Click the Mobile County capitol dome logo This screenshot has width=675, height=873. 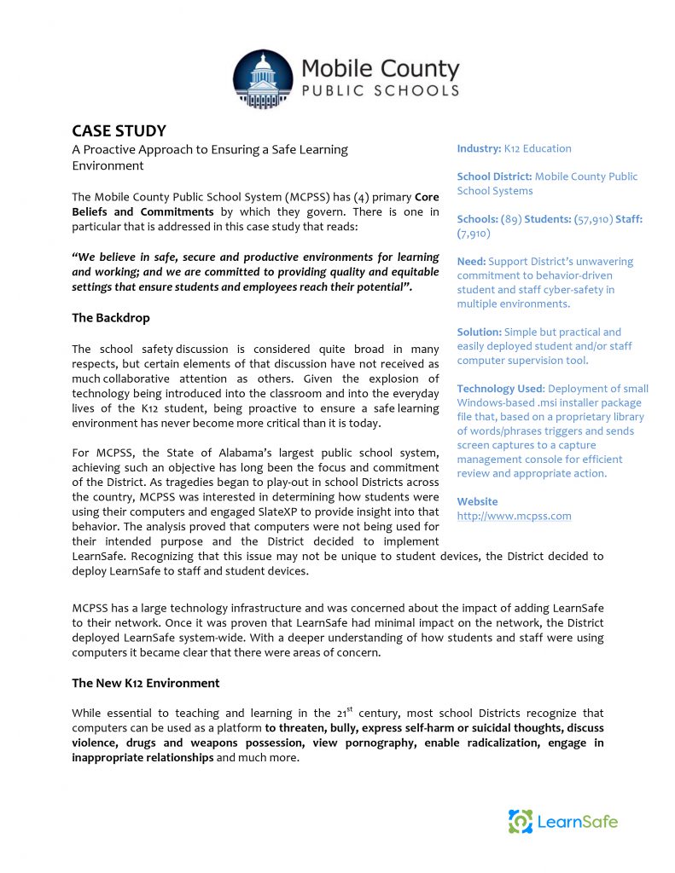point(262,79)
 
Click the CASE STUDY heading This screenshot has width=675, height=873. point(119,130)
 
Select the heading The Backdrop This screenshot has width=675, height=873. point(110,318)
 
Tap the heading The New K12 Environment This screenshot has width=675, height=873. point(145,683)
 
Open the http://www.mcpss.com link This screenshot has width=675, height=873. point(514,516)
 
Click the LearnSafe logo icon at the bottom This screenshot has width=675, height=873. point(521,822)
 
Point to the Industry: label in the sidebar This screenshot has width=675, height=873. point(479,148)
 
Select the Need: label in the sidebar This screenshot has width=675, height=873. point(471,262)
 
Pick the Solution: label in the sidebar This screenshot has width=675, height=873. point(479,332)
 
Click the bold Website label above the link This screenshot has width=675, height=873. point(477,501)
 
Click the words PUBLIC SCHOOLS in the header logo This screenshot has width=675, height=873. point(380,90)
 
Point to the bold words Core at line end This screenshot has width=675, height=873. point(427,197)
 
